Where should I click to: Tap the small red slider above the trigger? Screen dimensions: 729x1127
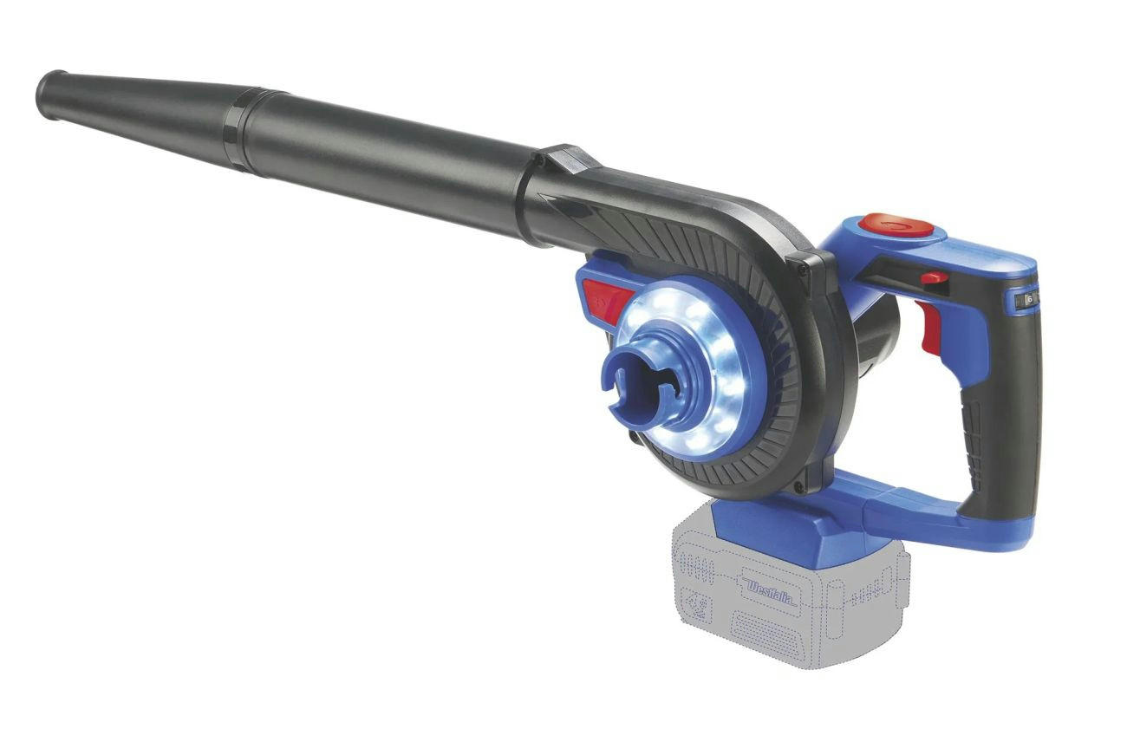tap(934, 277)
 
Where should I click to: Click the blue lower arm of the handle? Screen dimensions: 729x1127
tap(919, 511)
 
